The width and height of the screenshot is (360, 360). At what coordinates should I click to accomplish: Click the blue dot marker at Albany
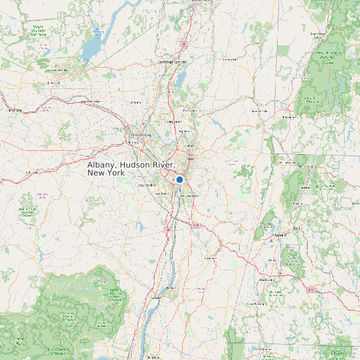tap(179, 179)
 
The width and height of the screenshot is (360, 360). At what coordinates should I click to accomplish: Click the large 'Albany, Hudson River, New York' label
tap(131, 168)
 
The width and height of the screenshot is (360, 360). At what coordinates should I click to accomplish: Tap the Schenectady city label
tap(140, 135)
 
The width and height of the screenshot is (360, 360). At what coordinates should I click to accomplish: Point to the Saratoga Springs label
tap(172, 62)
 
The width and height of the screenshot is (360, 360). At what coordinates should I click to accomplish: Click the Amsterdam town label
tap(90, 102)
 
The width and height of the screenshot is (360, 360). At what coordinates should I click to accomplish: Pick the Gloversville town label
tap(60, 70)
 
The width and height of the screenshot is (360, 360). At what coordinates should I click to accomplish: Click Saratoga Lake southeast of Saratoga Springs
tap(180, 79)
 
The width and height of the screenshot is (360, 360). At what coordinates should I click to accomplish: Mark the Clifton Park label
tap(175, 122)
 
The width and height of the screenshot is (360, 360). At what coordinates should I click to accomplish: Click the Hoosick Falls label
tap(258, 111)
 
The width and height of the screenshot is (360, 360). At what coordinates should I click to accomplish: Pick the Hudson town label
tap(171, 288)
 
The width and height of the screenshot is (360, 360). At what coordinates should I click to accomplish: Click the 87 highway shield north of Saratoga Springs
tap(184, 43)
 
